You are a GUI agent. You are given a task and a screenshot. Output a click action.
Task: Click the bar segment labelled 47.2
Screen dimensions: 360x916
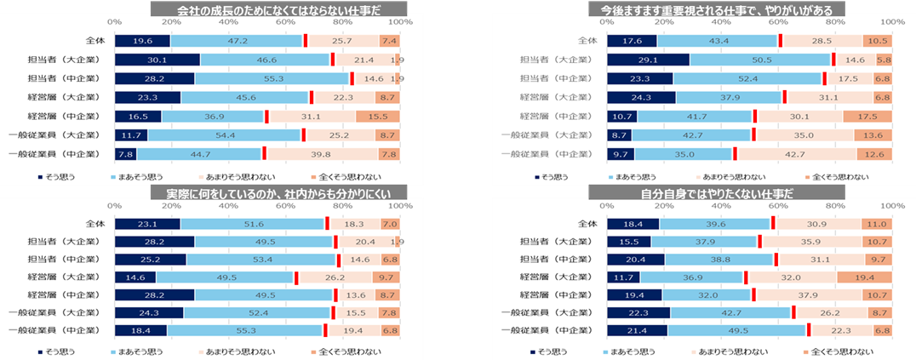point(237,41)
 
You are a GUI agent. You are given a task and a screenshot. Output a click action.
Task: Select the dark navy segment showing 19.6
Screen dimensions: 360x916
point(142,41)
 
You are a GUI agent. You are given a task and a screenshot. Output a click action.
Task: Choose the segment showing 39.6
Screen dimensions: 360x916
point(714,225)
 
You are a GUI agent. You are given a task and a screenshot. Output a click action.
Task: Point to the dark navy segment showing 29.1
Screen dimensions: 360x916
point(648,60)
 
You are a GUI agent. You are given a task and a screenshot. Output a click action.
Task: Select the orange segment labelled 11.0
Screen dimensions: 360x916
point(876,225)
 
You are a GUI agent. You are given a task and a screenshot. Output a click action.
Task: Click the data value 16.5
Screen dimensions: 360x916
point(137,116)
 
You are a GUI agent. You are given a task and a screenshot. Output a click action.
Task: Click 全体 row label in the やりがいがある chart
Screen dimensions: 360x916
point(588,41)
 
